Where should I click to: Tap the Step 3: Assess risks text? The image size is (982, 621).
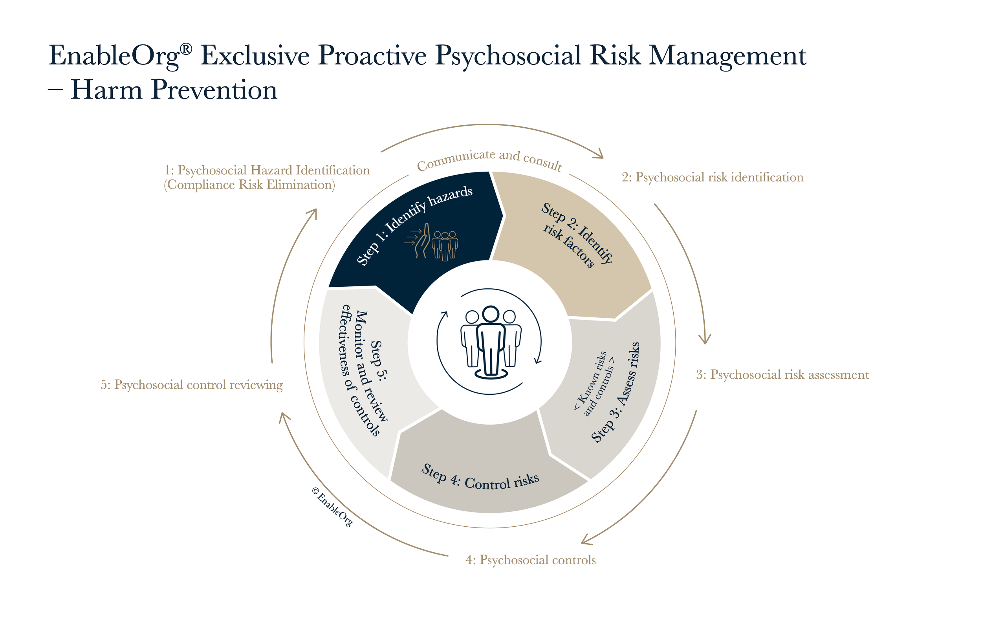616,392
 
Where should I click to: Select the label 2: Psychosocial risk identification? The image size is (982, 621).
713,178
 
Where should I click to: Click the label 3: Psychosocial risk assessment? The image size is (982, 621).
782,375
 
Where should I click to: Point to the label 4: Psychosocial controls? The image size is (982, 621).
531,560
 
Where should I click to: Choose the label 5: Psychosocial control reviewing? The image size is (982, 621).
191,385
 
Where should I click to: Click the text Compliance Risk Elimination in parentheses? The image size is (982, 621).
249,185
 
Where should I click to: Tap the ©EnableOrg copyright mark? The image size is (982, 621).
332,507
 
